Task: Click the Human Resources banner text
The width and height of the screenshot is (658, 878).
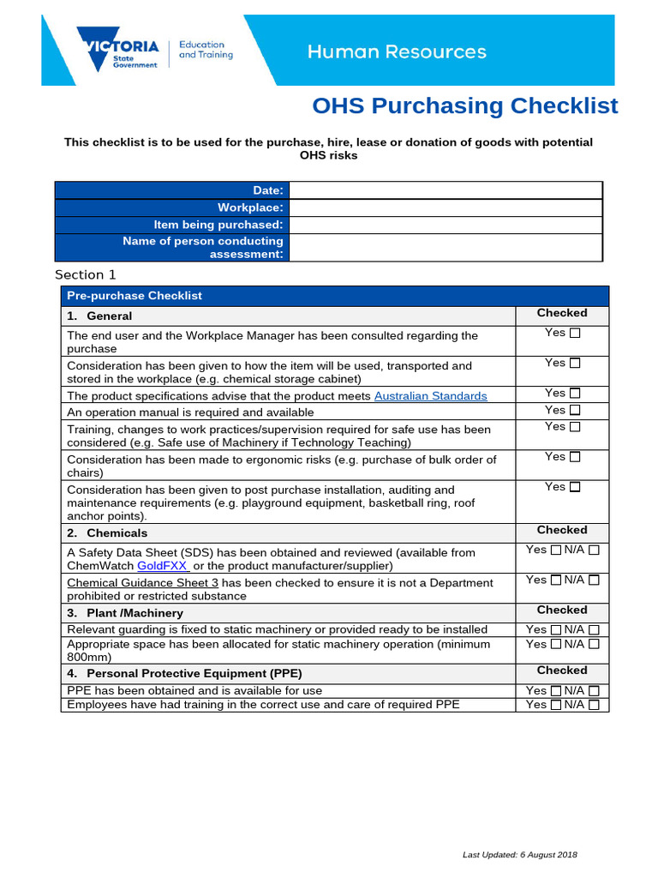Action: click(397, 51)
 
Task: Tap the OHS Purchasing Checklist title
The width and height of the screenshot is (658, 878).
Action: click(464, 106)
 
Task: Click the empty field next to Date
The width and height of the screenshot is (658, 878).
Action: click(446, 190)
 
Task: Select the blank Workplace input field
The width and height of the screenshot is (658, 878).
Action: click(446, 207)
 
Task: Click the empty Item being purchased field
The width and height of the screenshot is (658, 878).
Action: click(446, 225)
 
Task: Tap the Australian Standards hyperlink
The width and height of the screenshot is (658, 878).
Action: click(430, 396)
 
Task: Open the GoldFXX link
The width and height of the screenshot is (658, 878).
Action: click(162, 566)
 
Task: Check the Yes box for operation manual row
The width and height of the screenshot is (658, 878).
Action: click(575, 411)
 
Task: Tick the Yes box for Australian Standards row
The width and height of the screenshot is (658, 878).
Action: click(575, 394)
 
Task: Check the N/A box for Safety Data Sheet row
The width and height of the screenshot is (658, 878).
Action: click(594, 550)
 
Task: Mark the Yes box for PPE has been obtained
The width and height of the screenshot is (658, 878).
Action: click(556, 691)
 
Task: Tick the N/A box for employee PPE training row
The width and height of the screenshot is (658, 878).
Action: click(594, 706)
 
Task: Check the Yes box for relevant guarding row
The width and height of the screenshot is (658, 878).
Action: click(556, 630)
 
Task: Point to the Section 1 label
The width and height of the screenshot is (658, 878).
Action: click(85, 275)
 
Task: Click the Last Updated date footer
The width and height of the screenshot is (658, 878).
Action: click(519, 855)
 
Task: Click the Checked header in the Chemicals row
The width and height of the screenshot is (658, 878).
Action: click(561, 530)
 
